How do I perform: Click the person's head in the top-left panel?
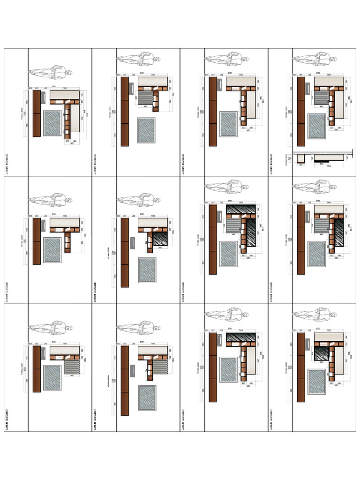point(69,73)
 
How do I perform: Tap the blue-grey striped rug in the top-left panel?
point(52,123)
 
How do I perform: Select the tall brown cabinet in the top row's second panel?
point(125,112)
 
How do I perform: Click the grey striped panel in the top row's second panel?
point(146,98)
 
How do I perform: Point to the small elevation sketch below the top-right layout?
point(323,158)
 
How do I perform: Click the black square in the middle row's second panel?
point(160,239)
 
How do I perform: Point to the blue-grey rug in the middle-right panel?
point(317,254)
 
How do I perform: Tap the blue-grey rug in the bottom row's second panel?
point(147,398)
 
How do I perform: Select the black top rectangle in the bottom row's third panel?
point(240,337)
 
